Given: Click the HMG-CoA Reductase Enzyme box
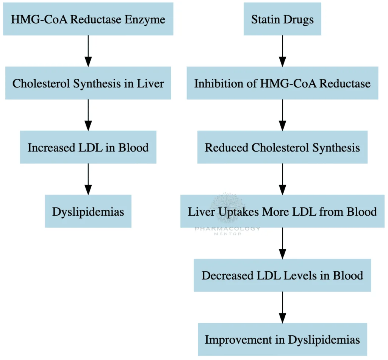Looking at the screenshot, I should pos(88,19).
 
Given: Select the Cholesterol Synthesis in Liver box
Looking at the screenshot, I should pos(88,83).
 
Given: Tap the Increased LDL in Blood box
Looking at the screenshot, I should pos(88,147).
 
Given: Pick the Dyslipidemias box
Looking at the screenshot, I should pos(88,211).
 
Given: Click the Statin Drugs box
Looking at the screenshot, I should pos(282,19).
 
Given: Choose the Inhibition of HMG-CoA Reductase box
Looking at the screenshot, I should pos(282,83).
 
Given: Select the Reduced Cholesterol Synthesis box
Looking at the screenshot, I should pos(282,147).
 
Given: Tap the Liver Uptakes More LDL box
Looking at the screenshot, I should pos(282,211).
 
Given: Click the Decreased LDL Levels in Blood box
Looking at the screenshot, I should pos(282,275).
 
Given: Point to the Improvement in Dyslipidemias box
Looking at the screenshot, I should pos(282,339).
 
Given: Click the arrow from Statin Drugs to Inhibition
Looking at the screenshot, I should pos(282,51).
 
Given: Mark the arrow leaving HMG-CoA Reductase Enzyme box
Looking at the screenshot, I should pos(88,51).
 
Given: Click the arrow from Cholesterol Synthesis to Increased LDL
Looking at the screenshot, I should pos(88,115).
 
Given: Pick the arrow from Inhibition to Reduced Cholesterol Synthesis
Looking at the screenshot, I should pos(282,115).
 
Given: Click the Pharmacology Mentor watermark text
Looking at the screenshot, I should pos(227,229).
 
